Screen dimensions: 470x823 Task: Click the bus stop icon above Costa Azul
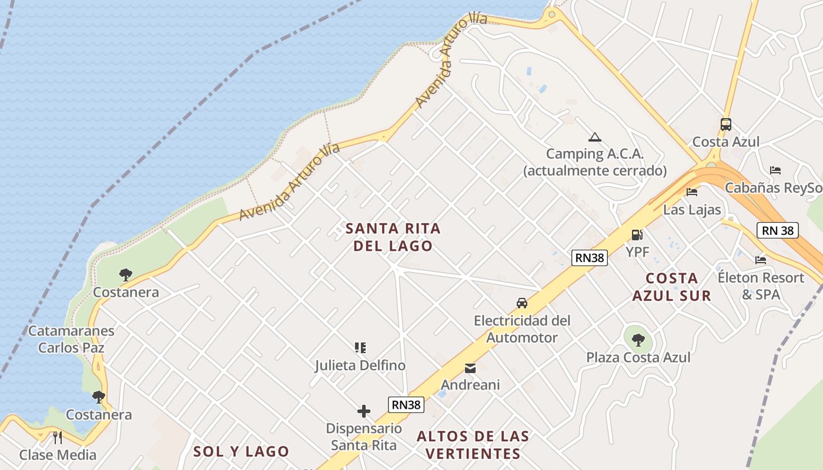(725, 125)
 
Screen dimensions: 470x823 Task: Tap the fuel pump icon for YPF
(637, 235)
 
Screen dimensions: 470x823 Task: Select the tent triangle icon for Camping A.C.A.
(594, 137)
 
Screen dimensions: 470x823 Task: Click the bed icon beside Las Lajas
(692, 192)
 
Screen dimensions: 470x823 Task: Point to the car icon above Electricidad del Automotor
(521, 303)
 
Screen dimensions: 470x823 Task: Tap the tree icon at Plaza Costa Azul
(638, 339)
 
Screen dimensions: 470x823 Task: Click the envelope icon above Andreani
(470, 368)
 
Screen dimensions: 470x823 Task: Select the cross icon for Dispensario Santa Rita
(364, 411)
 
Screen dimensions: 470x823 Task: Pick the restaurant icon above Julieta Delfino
(360, 348)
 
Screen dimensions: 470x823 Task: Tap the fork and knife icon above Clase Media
(58, 437)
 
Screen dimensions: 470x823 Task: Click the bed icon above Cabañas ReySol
(775, 170)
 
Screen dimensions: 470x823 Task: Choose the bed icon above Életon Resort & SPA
(761, 260)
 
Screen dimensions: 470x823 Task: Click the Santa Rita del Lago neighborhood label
(393, 237)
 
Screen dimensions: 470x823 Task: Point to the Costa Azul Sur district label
(671, 287)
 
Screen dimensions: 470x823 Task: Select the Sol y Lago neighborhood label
(241, 451)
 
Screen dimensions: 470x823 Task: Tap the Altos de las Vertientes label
(473, 445)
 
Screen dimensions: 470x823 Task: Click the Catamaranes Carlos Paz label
(71, 339)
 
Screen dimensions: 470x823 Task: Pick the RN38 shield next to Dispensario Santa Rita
(406, 404)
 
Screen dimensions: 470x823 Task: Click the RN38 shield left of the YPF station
(589, 257)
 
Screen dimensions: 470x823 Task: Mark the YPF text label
(637, 251)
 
